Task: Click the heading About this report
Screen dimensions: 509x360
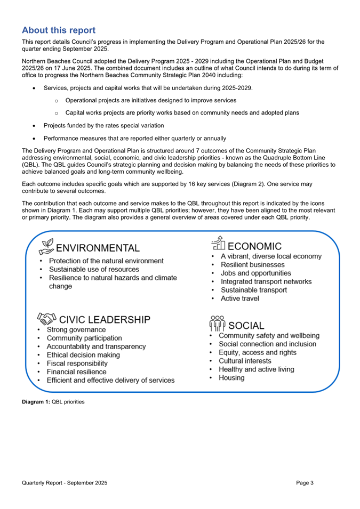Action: point(59,30)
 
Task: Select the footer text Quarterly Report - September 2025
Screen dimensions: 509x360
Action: point(65,483)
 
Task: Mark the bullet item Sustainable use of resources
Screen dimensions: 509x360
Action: point(94,270)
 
